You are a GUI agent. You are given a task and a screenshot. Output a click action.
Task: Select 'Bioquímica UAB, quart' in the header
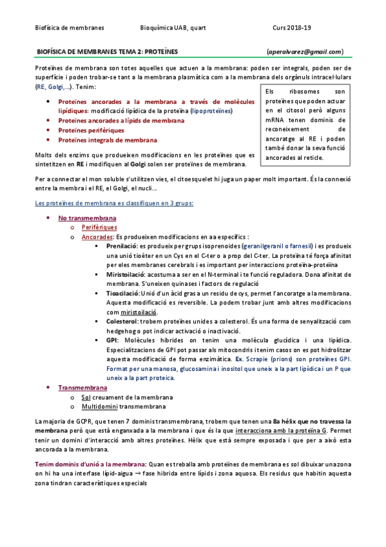tap(173, 27)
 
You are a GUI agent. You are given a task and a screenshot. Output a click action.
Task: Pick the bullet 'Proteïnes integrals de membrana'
tap(107, 139)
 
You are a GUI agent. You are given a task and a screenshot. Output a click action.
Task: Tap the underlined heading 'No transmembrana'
tap(88, 218)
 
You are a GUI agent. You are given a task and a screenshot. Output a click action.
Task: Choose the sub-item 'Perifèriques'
tap(99, 228)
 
